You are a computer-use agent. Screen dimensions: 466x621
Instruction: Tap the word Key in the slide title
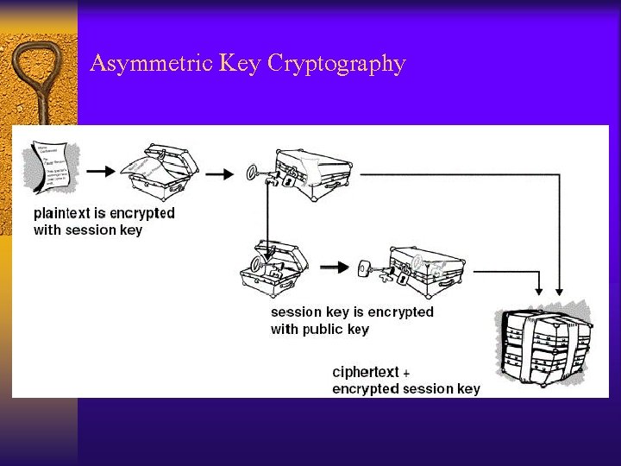pos(241,64)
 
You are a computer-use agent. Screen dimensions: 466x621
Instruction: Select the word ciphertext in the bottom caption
pos(366,372)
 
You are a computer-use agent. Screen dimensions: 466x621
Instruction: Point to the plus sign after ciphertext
pos(406,374)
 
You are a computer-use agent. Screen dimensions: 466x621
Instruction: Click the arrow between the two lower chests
pos(334,268)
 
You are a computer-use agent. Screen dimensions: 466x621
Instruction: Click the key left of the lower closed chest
pos(367,269)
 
